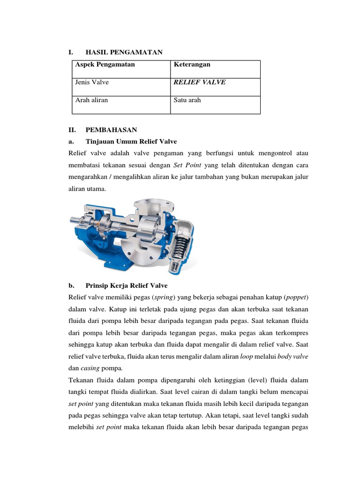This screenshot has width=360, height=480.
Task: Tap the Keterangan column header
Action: pos(192,64)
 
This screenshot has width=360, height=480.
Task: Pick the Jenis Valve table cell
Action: pos(92,82)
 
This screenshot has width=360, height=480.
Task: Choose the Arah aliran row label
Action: pos(91,100)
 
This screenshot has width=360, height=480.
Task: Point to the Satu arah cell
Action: pos(187,100)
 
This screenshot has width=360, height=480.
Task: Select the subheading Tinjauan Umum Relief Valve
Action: pos(131,142)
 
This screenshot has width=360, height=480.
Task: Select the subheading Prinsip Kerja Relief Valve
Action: pos(127,285)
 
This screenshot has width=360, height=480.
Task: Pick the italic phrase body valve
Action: pos(292,356)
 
